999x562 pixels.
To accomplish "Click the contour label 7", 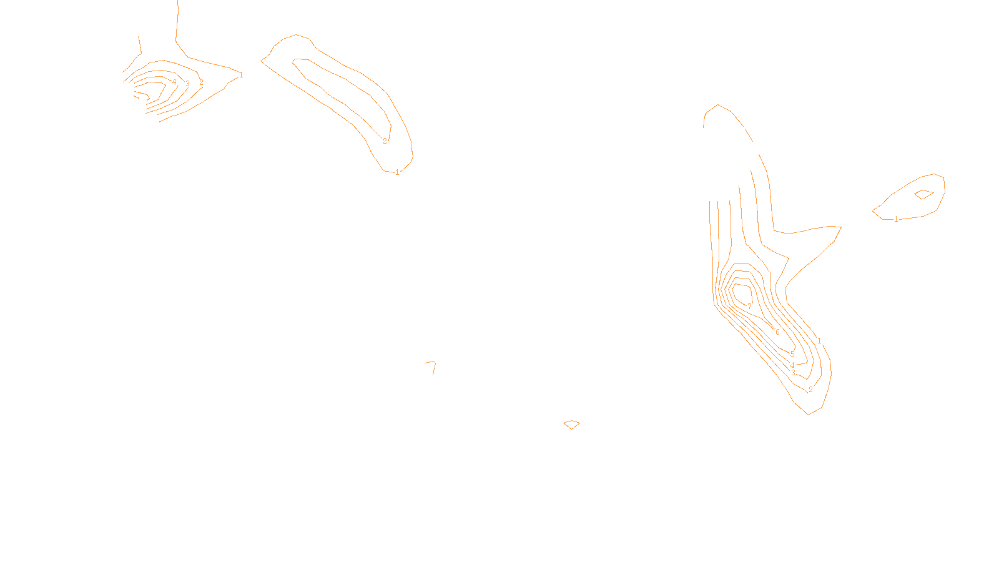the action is (x=750, y=307).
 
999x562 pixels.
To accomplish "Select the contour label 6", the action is (x=777, y=332).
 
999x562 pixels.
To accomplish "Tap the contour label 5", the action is (x=792, y=354).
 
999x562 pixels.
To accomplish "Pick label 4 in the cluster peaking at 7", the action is (x=792, y=365).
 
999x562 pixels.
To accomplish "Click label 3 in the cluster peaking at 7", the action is (x=794, y=373).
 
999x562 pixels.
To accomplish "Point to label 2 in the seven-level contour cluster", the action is (x=810, y=390).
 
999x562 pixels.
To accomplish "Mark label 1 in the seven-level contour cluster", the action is (x=819, y=342).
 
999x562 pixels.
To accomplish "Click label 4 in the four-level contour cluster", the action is (x=174, y=82).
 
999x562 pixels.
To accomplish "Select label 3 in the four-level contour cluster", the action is (x=187, y=84).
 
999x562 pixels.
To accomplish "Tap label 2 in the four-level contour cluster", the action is (x=201, y=82).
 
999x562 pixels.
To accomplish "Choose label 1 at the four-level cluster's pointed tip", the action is (x=241, y=75).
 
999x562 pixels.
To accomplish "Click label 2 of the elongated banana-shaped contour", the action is (x=385, y=141).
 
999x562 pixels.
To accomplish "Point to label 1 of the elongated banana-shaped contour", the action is (x=397, y=172).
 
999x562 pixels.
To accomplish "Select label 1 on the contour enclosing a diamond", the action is (x=896, y=219).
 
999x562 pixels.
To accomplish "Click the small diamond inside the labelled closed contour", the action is (x=923, y=194).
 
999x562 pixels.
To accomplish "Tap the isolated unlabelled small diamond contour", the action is (x=571, y=425).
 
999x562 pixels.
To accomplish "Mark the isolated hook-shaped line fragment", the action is (x=431, y=366).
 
